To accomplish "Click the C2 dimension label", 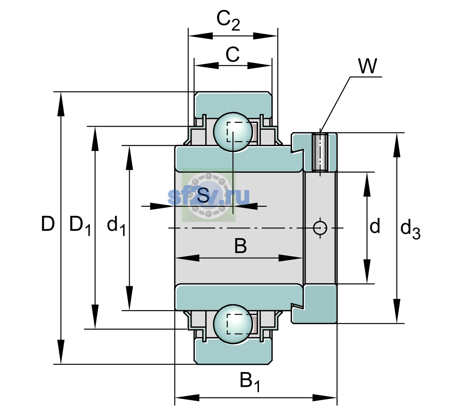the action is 228,21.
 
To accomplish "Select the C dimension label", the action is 233,54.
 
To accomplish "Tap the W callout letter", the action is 368,66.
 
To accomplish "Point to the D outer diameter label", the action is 48,224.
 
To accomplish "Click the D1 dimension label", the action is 80,226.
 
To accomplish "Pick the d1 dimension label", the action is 116,226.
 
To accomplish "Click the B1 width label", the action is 250,382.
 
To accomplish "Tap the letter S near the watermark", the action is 203,195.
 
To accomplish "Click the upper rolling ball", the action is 233,132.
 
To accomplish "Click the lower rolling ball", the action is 233,324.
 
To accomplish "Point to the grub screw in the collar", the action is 320,152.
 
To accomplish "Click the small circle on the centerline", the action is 320,228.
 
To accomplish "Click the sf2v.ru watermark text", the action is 208,196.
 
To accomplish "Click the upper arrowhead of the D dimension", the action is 61,104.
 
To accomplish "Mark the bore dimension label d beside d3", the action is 375,226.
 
